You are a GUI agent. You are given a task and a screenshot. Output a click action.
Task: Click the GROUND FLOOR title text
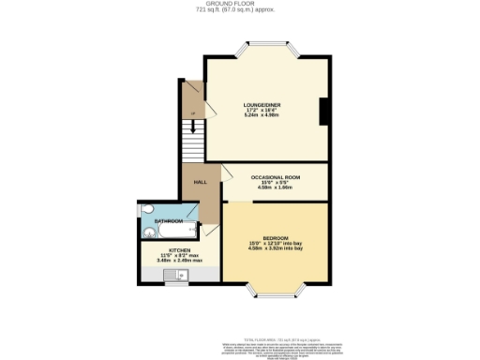pos(240,4)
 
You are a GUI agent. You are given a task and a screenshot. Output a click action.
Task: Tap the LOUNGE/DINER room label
pos(261,104)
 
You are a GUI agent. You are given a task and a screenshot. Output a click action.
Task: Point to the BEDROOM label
pos(276,237)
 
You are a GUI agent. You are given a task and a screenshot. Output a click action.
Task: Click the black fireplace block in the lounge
pos(323,112)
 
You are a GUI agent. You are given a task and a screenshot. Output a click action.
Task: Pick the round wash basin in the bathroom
pos(149,232)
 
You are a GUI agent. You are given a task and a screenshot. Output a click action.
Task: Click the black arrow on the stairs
pos(192,115)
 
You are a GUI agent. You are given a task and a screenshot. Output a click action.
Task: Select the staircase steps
pos(192,144)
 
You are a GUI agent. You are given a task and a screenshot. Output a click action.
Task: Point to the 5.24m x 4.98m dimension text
pos(261,116)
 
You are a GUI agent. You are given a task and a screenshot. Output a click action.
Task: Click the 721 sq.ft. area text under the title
pos(240,10)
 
